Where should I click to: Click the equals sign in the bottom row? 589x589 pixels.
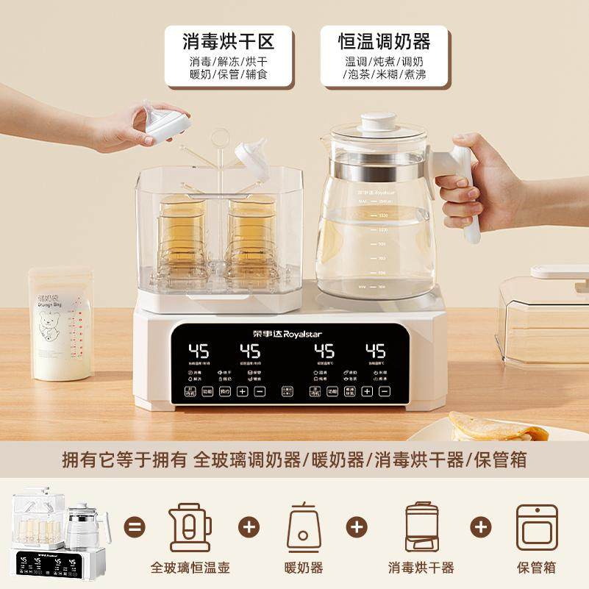pos(135,526)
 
